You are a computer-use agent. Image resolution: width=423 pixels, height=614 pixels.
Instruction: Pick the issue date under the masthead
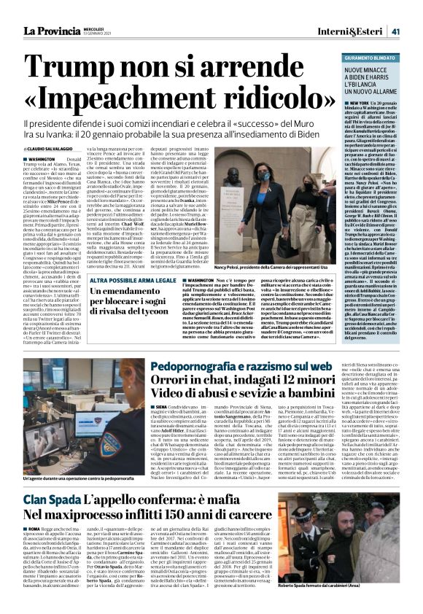coord(94,34)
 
